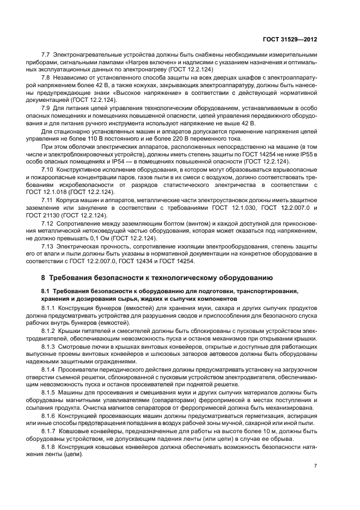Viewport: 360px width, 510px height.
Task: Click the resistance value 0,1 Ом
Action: point(118,239)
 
